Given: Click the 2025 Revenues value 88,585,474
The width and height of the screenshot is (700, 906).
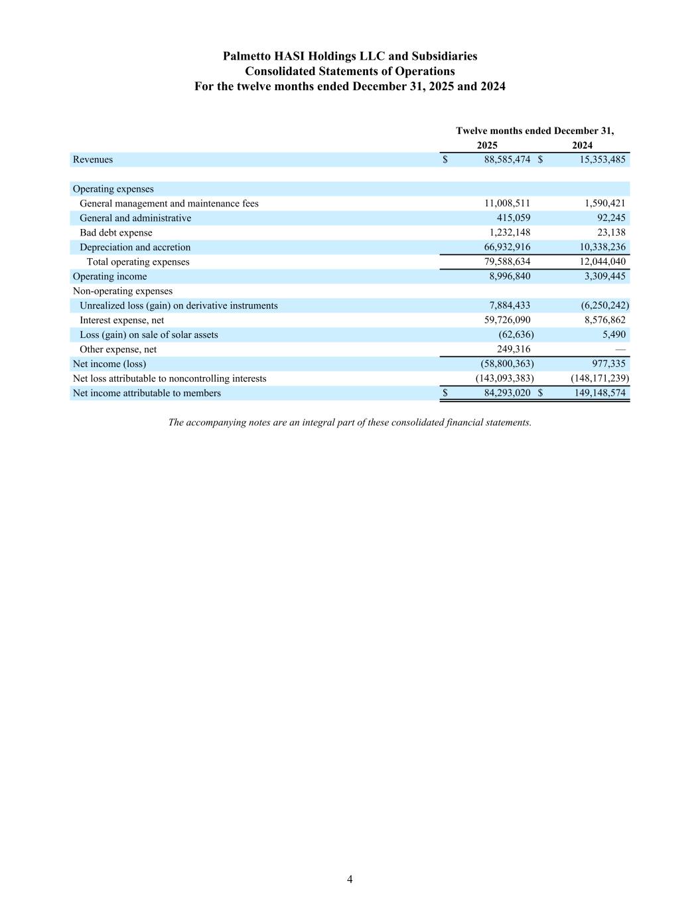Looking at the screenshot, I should [507, 159].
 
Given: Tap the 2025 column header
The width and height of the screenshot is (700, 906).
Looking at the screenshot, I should [487, 145].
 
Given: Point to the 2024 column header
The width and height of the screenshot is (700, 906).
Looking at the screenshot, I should [582, 145].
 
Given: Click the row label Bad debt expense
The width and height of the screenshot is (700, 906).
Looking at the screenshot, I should [115, 232].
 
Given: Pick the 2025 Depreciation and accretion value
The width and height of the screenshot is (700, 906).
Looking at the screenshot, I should [507, 247].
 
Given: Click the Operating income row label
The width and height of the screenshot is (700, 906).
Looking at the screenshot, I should [109, 276].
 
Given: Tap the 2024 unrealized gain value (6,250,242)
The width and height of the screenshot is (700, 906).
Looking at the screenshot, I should [600, 305].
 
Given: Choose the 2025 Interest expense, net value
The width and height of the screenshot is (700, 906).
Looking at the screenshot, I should [507, 320].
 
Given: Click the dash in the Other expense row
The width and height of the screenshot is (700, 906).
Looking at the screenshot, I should [620, 349].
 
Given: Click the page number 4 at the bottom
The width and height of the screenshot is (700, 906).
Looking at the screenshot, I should [350, 879].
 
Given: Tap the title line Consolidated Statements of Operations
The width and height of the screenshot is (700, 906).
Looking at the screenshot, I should [350, 71].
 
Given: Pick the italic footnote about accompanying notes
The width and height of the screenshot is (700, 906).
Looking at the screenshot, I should [350, 422].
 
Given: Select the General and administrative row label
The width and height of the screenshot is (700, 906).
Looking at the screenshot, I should [135, 218].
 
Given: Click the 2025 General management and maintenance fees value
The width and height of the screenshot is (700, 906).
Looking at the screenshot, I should [507, 203].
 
